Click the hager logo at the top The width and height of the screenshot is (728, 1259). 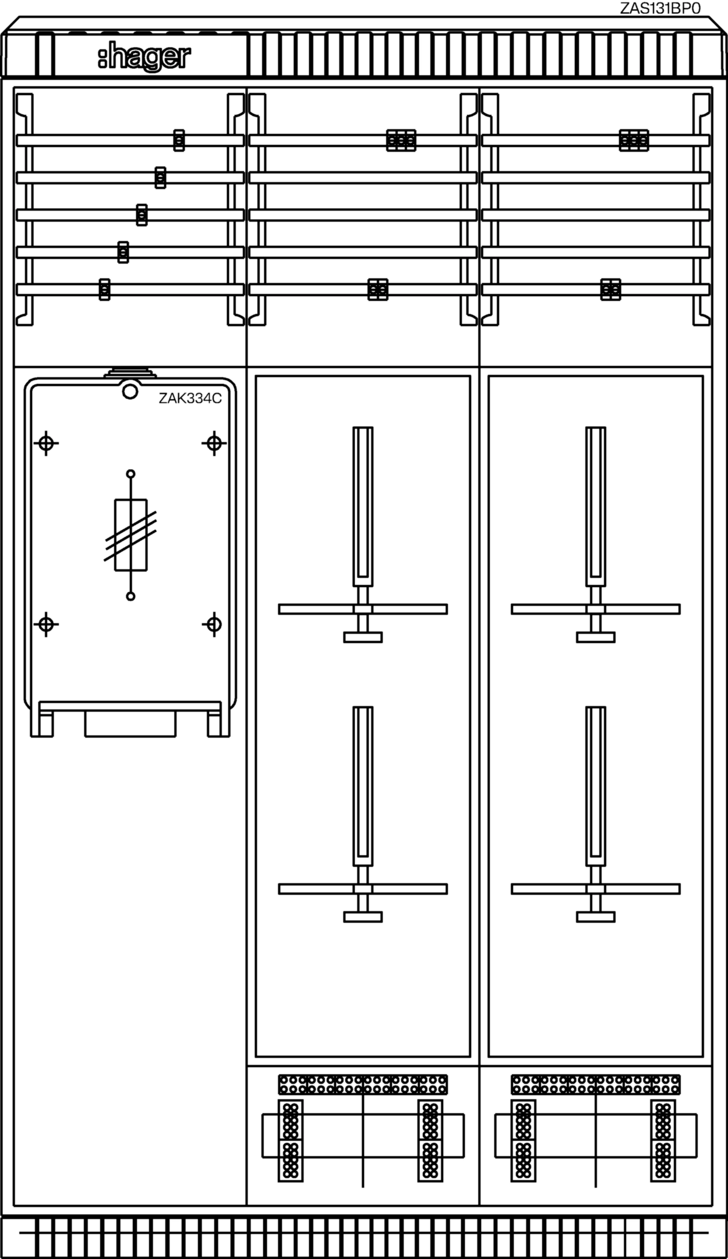[x=144, y=57]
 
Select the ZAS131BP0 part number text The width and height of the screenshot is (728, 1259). [x=660, y=8]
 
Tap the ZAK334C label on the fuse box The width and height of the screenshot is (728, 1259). [x=190, y=399]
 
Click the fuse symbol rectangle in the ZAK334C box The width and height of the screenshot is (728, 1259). [x=130, y=534]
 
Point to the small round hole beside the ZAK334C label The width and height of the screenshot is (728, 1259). [x=130, y=391]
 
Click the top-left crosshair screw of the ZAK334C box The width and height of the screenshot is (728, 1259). [x=47, y=444]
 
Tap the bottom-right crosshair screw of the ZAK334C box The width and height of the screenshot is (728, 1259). [x=214, y=624]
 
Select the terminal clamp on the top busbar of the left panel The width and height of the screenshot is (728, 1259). [x=179, y=140]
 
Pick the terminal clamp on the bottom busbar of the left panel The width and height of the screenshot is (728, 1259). [x=104, y=290]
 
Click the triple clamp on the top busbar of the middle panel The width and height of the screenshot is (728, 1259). [x=401, y=140]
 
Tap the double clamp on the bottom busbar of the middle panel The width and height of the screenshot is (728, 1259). [x=378, y=290]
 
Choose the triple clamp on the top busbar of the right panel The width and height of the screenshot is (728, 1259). [x=634, y=140]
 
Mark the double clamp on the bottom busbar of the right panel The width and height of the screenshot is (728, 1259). [x=610, y=290]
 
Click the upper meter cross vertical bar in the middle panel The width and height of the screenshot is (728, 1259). [x=363, y=507]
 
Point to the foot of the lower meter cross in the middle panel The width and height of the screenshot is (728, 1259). [x=363, y=917]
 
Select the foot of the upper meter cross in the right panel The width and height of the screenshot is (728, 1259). [x=596, y=637]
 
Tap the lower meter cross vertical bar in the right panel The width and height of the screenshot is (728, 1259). [x=596, y=786]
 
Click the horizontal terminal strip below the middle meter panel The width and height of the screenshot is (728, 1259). [x=363, y=1085]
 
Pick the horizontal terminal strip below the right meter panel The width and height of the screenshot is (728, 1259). [x=596, y=1085]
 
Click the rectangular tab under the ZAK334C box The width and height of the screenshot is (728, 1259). [x=130, y=723]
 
